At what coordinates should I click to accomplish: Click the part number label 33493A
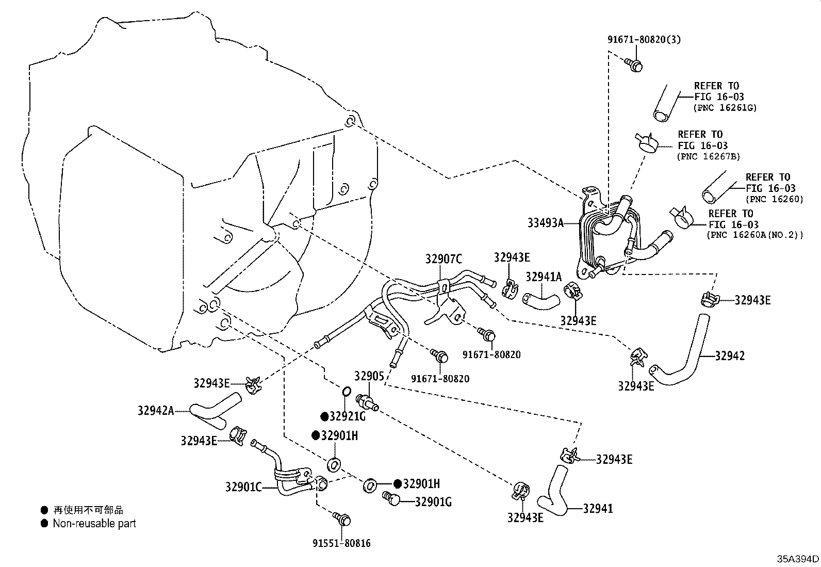pyautogui.click(x=545, y=223)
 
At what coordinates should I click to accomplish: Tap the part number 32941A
pyautogui.click(x=543, y=277)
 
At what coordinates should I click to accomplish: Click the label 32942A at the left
pyautogui.click(x=156, y=411)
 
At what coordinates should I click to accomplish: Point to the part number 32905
pyautogui.click(x=369, y=376)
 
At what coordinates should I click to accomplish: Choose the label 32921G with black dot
pyautogui.click(x=347, y=416)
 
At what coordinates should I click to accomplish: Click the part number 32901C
pyautogui.click(x=243, y=486)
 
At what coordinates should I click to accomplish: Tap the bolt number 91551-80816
pyautogui.click(x=341, y=543)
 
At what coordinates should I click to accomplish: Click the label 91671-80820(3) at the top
pyautogui.click(x=644, y=39)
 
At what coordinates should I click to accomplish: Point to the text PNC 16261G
pyautogui.click(x=725, y=108)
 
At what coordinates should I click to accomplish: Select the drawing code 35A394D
pyautogui.click(x=798, y=559)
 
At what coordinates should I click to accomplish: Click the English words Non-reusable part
pyautogui.click(x=94, y=523)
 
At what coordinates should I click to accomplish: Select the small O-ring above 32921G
pyautogui.click(x=347, y=393)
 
